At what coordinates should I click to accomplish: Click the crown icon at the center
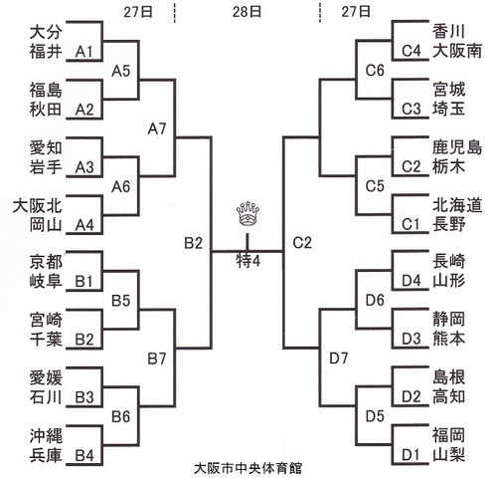(247, 215)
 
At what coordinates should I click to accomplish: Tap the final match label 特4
(248, 261)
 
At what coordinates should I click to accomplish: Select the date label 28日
(247, 12)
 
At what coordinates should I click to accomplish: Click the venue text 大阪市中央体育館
(247, 468)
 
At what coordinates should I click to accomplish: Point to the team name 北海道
(457, 205)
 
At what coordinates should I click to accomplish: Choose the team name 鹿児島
(457, 147)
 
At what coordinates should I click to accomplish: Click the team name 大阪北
(38, 206)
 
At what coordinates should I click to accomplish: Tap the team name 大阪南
(457, 51)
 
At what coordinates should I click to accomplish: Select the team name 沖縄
(46, 436)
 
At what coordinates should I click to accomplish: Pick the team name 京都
(46, 262)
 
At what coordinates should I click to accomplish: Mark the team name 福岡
(448, 435)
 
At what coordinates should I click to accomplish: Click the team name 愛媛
(46, 378)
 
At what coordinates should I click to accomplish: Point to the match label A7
(157, 128)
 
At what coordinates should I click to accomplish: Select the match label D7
(339, 358)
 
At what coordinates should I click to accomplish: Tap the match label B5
(120, 301)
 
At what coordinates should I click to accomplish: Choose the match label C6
(375, 70)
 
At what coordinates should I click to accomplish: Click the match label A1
(83, 52)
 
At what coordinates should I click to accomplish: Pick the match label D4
(412, 281)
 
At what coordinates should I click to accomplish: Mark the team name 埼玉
(448, 110)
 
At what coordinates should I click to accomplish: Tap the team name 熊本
(448, 339)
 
